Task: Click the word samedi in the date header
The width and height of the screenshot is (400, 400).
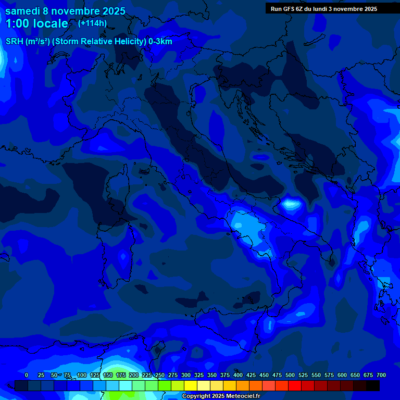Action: click(x=23, y=11)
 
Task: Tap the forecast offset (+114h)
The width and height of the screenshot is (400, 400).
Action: click(x=92, y=23)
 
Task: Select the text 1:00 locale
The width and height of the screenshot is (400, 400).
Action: click(x=36, y=23)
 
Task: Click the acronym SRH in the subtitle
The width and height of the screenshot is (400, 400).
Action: click(x=15, y=42)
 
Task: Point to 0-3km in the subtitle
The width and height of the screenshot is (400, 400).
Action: click(x=160, y=42)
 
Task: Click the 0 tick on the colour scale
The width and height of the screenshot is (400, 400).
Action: click(x=27, y=375)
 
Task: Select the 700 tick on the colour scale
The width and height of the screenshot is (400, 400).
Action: click(x=381, y=375)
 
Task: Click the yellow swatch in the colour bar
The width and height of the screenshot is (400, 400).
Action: click(x=191, y=385)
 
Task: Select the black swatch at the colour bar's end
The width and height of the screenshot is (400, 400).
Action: click(x=373, y=385)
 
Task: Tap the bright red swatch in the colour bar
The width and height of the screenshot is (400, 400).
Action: click(x=295, y=385)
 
